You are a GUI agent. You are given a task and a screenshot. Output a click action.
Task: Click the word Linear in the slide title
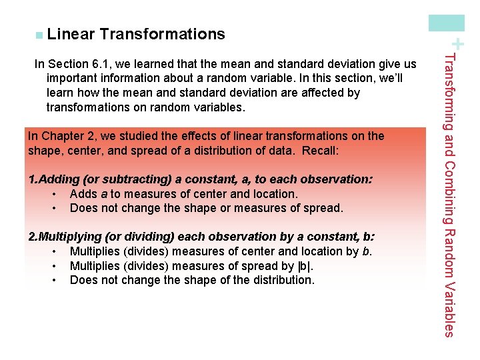click(x=71, y=34)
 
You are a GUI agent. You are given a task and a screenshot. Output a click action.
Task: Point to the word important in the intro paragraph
click(x=72, y=79)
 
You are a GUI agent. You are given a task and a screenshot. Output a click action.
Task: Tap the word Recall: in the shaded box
click(x=321, y=151)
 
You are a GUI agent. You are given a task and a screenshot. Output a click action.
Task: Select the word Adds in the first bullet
click(x=83, y=194)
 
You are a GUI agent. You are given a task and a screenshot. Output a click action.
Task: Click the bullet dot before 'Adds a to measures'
click(x=53, y=194)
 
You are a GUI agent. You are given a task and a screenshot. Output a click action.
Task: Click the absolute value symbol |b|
click(x=305, y=266)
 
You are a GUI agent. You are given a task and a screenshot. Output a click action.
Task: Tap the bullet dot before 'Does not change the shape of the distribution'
click(x=53, y=280)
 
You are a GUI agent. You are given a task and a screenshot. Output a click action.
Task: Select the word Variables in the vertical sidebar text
click(x=450, y=309)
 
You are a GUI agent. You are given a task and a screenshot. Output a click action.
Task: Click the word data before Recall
click(x=282, y=151)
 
